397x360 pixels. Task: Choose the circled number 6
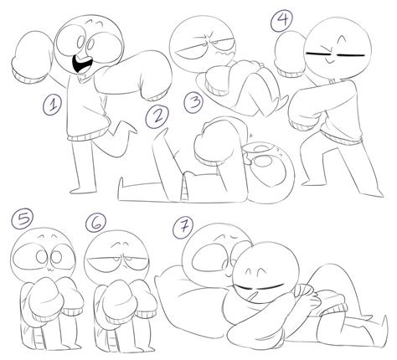pos(94,224)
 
